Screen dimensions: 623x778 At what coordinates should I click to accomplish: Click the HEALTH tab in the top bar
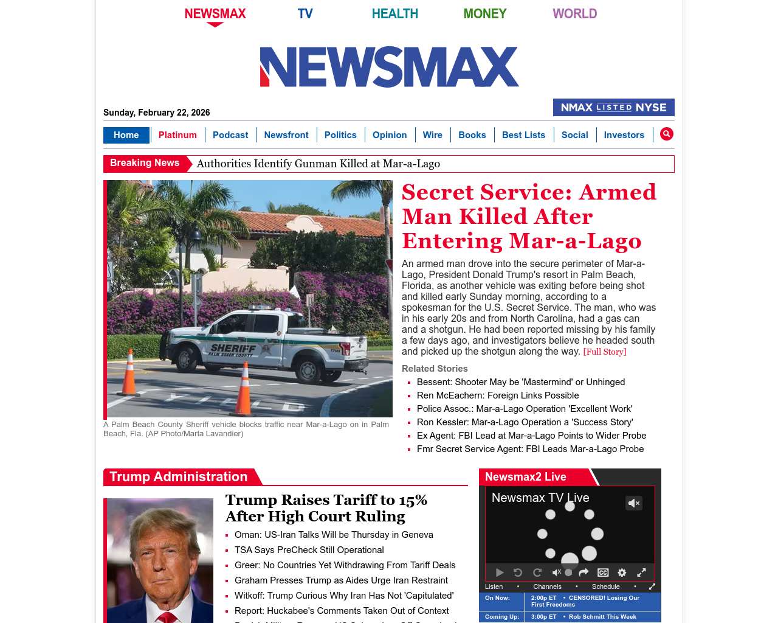tap(394, 14)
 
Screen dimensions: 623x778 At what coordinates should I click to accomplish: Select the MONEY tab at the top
tap(484, 14)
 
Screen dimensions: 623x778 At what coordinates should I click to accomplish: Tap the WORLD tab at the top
tap(574, 14)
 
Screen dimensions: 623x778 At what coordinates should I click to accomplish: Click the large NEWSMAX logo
tap(389, 67)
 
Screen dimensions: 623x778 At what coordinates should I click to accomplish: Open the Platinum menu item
tap(177, 135)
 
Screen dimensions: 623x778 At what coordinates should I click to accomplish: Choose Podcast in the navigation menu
tap(230, 135)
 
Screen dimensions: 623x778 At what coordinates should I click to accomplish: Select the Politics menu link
tap(340, 135)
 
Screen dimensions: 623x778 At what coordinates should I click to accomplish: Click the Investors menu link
tap(624, 135)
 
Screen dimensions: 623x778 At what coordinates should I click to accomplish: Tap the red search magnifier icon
tap(667, 134)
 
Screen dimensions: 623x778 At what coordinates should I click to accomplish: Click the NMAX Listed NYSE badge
tap(613, 108)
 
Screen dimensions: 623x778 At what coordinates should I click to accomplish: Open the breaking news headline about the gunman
tap(318, 164)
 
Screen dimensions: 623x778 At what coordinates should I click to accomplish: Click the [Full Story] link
tap(604, 352)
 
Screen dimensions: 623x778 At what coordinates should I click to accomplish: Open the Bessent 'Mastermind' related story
tap(520, 382)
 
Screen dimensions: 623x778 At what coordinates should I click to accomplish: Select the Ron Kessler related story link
tap(525, 422)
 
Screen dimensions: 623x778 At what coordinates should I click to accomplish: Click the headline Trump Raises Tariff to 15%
tap(326, 508)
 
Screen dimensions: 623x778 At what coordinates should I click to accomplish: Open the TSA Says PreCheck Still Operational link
tap(309, 550)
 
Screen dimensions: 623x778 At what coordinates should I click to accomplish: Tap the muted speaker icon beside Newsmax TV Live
tap(633, 503)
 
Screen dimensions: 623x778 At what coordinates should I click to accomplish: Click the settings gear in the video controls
tap(622, 573)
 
